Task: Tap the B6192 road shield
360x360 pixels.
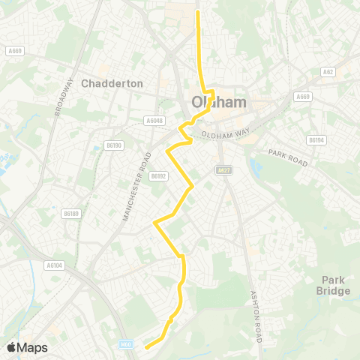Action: coord(157,176)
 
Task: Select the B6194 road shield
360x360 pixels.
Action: coord(316,139)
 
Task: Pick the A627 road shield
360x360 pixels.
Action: coord(223,170)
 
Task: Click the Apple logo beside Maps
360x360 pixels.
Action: coord(11,347)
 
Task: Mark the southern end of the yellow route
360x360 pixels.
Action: coord(145,346)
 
